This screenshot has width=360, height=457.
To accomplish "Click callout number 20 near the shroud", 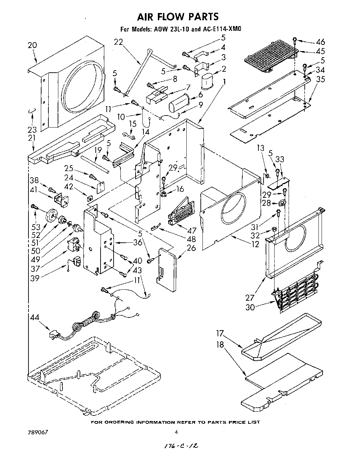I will (32, 45).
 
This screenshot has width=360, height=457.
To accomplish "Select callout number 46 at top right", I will (320, 43).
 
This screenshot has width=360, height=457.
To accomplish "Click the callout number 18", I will (220, 344).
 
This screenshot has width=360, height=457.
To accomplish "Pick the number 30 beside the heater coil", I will (250, 307).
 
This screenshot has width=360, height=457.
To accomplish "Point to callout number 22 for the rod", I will (118, 42).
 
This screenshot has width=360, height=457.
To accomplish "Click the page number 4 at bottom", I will (176, 432).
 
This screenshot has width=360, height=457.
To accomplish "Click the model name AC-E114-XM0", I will (222, 29).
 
